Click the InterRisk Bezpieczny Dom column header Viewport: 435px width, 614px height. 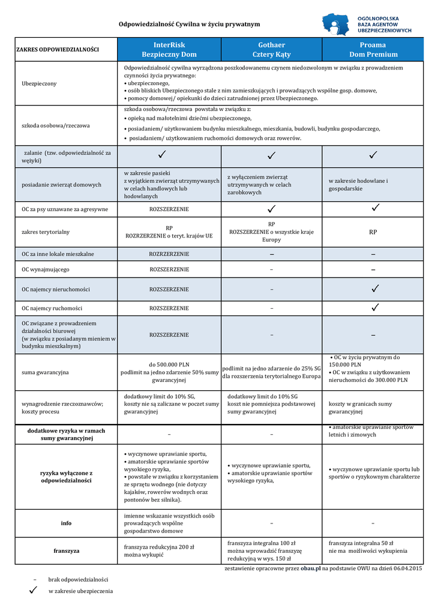(169, 49)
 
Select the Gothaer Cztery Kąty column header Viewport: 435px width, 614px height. (271, 49)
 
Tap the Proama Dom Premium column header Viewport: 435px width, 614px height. (373, 49)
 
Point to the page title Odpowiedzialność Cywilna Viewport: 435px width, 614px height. (189, 24)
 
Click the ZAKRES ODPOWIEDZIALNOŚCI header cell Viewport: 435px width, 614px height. (58, 49)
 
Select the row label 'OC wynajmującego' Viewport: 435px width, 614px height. (46, 269)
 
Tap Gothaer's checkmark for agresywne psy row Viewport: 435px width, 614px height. (272, 209)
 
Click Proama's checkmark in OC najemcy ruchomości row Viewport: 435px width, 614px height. (375, 308)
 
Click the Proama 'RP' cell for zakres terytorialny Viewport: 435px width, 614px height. (373, 231)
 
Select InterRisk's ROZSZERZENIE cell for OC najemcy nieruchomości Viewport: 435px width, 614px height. (169, 289)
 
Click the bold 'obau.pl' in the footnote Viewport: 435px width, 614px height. (311, 567)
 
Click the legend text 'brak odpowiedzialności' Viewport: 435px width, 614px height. (78, 579)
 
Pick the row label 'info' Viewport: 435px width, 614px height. (66, 523)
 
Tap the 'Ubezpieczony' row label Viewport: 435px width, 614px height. (39, 83)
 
